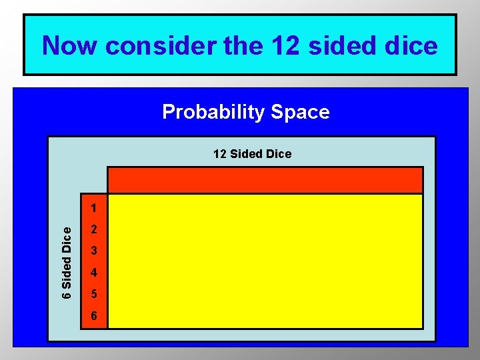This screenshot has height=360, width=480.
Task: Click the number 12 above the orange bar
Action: (x=220, y=154)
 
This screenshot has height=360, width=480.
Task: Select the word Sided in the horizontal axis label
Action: (x=247, y=154)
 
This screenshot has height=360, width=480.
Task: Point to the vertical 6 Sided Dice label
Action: (x=67, y=262)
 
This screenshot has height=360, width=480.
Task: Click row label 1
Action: (x=95, y=207)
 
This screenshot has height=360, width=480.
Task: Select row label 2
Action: (x=95, y=230)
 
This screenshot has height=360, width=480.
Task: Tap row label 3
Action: (x=95, y=251)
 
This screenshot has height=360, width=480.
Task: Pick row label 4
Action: (x=95, y=273)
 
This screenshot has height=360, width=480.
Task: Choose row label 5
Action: (x=95, y=294)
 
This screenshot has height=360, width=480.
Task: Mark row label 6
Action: (x=95, y=315)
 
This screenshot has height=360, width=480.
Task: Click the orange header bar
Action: (x=265, y=180)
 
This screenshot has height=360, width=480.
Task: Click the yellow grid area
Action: (x=265, y=261)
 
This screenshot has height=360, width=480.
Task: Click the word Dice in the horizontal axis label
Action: (x=279, y=154)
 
